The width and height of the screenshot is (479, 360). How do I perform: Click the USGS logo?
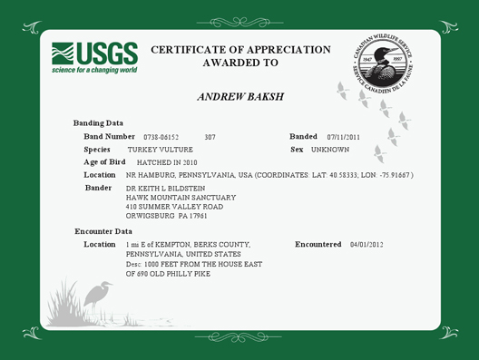point(93,53)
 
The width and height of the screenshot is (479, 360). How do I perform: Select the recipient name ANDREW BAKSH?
point(239,95)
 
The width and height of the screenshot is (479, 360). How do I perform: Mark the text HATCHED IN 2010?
point(157,161)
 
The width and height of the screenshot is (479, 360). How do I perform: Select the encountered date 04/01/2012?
point(367,245)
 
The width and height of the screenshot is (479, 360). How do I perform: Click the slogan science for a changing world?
point(93,69)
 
